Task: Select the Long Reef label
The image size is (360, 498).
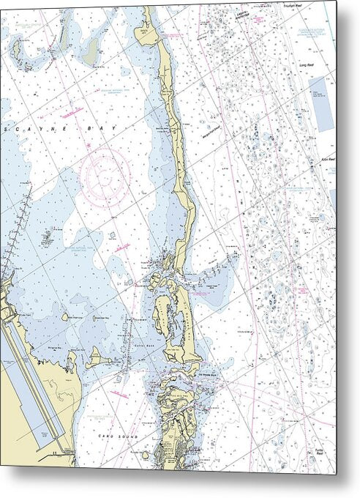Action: point(307,65)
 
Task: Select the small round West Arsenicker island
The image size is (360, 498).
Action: point(66,317)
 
